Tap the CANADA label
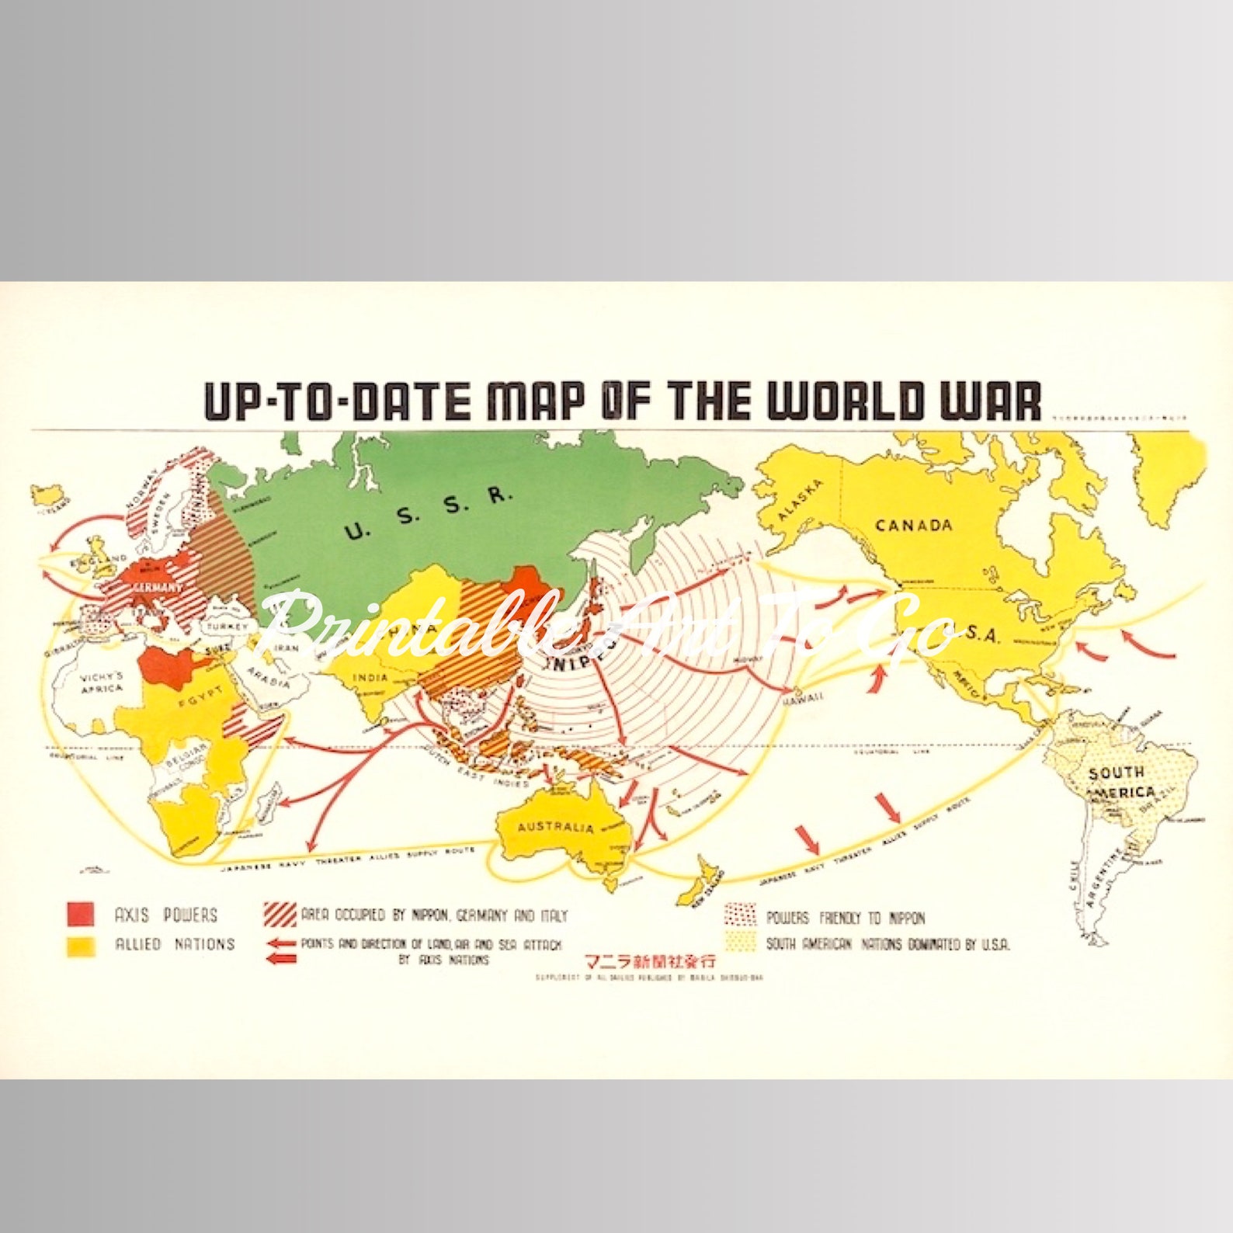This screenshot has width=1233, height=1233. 914,525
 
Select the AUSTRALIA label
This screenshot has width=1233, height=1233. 555,826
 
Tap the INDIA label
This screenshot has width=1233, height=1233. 370,678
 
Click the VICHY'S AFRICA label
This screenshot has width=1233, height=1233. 102,682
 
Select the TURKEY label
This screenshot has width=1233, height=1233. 227,627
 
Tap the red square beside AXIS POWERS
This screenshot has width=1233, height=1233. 81,914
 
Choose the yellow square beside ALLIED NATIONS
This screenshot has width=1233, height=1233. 81,946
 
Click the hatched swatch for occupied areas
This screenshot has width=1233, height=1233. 280,915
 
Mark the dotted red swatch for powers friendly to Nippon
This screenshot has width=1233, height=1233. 740,915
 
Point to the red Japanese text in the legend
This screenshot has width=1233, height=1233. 649,961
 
